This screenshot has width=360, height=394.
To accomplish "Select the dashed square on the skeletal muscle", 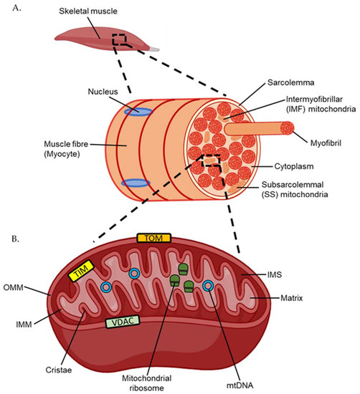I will pos(120,41).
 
